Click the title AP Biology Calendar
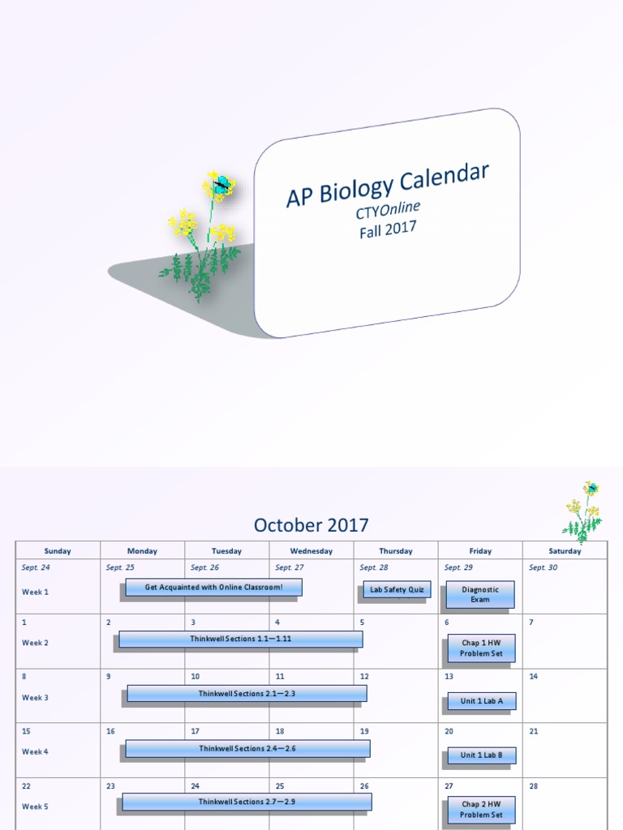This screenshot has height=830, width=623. [x=387, y=185]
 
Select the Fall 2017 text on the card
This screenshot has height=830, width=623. [x=388, y=229]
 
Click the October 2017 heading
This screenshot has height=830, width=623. [x=311, y=524]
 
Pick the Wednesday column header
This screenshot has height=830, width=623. [x=311, y=551]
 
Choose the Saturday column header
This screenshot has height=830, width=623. [x=565, y=551]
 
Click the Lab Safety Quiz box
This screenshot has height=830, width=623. [x=397, y=590]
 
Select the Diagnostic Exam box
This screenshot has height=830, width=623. [x=480, y=594]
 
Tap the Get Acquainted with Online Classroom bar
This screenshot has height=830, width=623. [x=214, y=587]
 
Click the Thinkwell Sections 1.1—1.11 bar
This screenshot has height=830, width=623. [x=241, y=639]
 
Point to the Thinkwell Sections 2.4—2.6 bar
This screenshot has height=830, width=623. [x=247, y=748]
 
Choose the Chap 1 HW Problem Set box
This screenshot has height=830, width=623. [x=481, y=648]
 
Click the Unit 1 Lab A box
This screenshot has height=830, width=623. [x=482, y=701]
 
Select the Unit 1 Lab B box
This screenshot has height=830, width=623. [x=482, y=755]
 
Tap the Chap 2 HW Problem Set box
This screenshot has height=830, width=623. [x=481, y=810]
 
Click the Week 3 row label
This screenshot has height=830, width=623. [x=35, y=698]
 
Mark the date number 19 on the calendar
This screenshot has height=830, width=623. [x=364, y=731]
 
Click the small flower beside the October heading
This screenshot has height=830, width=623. [x=583, y=511]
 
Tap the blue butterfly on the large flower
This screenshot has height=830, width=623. [x=220, y=185]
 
